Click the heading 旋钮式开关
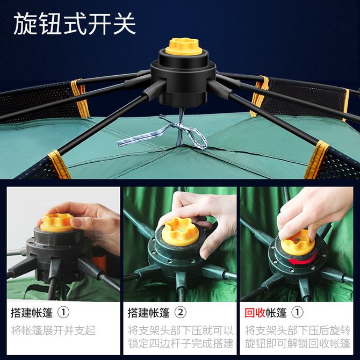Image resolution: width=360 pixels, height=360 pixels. (75, 24)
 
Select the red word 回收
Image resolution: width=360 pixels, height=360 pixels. (255, 313)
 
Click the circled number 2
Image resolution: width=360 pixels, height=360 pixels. (181, 313)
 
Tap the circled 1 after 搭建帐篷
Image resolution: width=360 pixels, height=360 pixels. (63, 313)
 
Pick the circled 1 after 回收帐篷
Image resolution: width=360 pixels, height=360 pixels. (297, 313)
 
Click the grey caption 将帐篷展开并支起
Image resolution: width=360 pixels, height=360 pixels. (53, 330)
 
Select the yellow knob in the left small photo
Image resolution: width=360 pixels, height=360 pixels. (57, 222)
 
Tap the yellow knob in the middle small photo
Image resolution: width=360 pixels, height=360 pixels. (180, 232)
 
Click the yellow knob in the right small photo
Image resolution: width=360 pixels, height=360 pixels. (298, 243)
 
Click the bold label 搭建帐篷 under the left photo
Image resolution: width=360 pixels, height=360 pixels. (32, 313)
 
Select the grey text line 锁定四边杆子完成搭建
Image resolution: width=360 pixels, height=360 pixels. (181, 343)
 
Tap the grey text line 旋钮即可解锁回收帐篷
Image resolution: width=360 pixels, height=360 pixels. (298, 343)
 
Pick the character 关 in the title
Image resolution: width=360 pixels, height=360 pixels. (124, 24)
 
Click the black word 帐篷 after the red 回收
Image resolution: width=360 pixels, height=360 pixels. (276, 313)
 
